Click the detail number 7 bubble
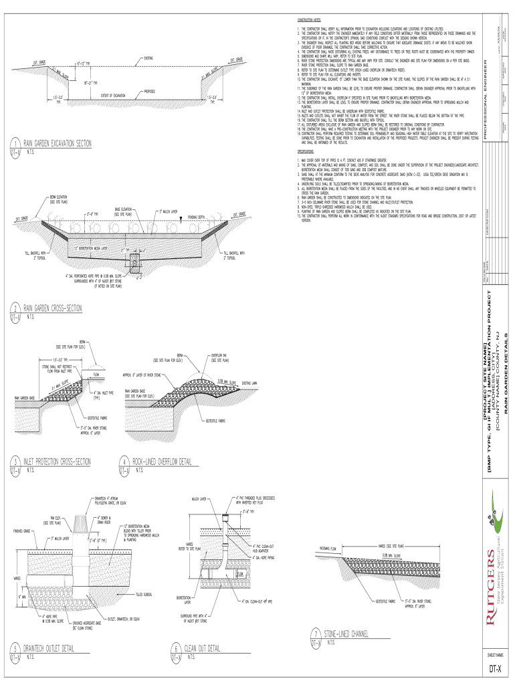pyautogui.click(x=315, y=635)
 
